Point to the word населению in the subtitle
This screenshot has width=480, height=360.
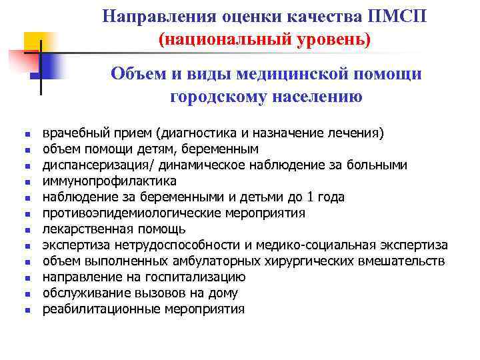pos(315,97)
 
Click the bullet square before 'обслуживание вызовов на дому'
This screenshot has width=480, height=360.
pos(26,294)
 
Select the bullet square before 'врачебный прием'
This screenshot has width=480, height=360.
pos(26,134)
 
